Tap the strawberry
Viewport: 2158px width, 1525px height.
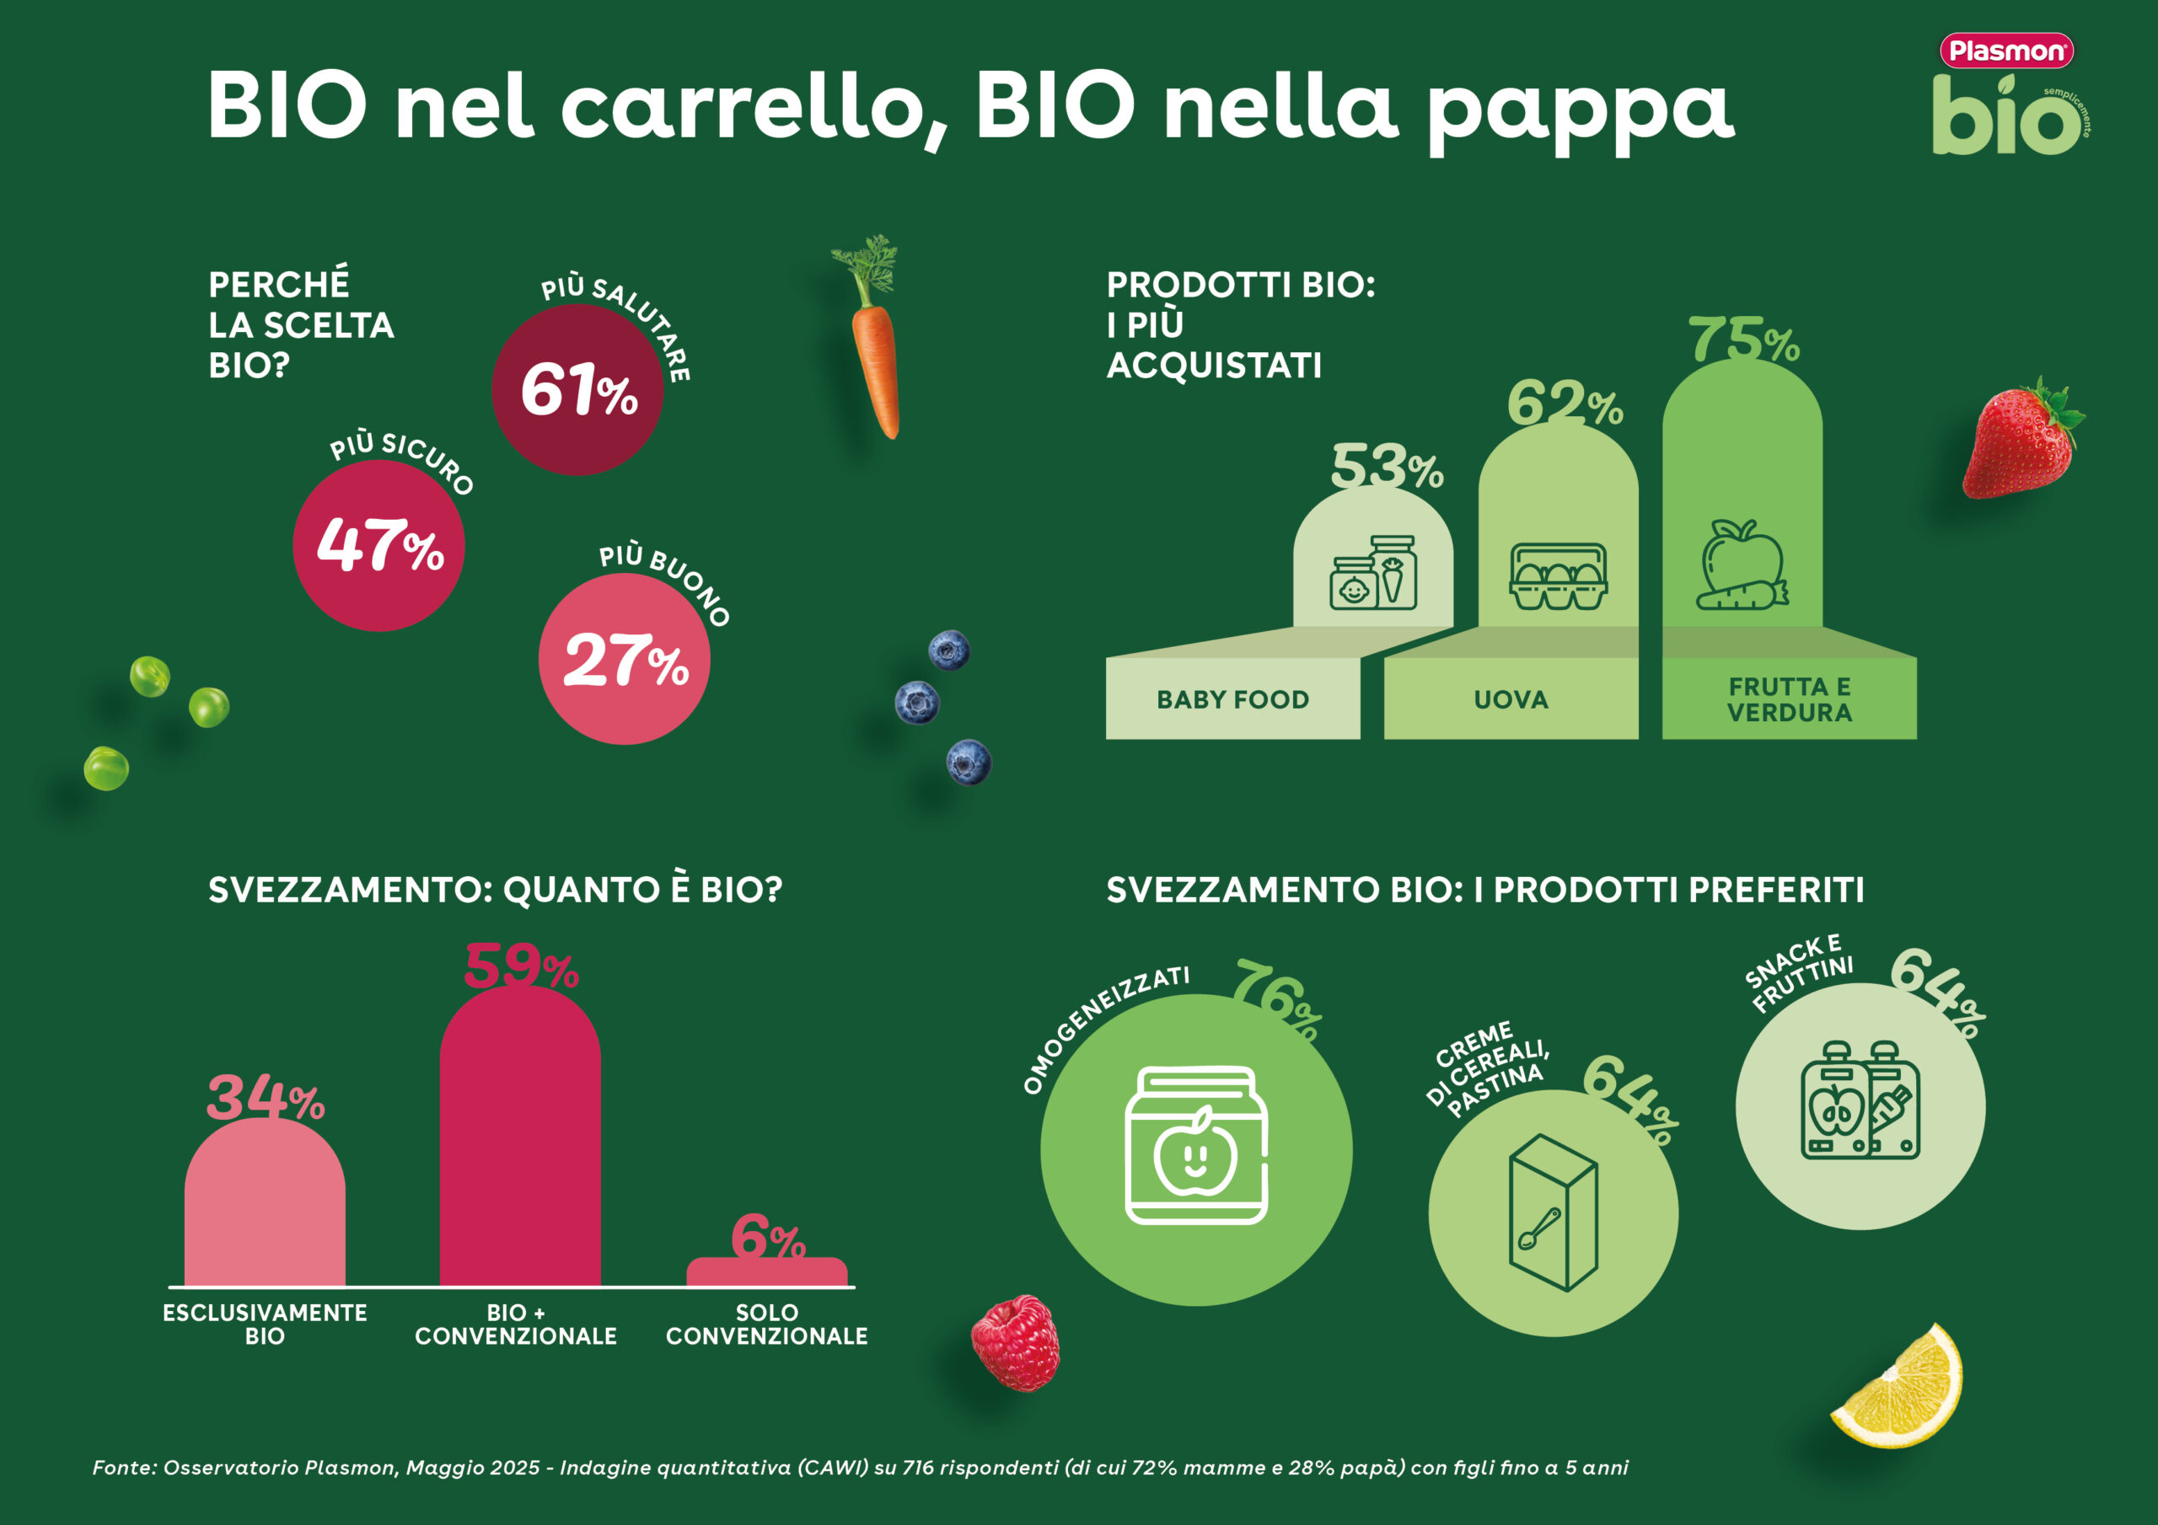click(x=2019, y=441)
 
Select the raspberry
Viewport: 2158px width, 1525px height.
click(x=1015, y=1343)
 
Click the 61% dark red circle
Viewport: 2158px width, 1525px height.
click(x=577, y=390)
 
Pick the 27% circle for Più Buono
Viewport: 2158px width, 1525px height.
click(x=624, y=660)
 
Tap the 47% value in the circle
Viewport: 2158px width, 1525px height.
click(x=379, y=545)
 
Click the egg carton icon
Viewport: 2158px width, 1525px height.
click(x=1558, y=576)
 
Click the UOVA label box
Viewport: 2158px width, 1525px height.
click(x=1511, y=699)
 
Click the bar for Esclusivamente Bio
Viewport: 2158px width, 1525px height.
click(x=265, y=1202)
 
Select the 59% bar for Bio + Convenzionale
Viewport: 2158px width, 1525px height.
click(x=520, y=1137)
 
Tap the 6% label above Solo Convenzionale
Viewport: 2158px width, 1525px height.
click(x=767, y=1237)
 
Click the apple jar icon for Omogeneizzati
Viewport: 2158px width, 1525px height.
click(x=1195, y=1147)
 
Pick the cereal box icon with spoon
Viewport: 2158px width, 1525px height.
click(x=1553, y=1213)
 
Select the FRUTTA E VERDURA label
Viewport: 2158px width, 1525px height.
click(x=1789, y=699)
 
